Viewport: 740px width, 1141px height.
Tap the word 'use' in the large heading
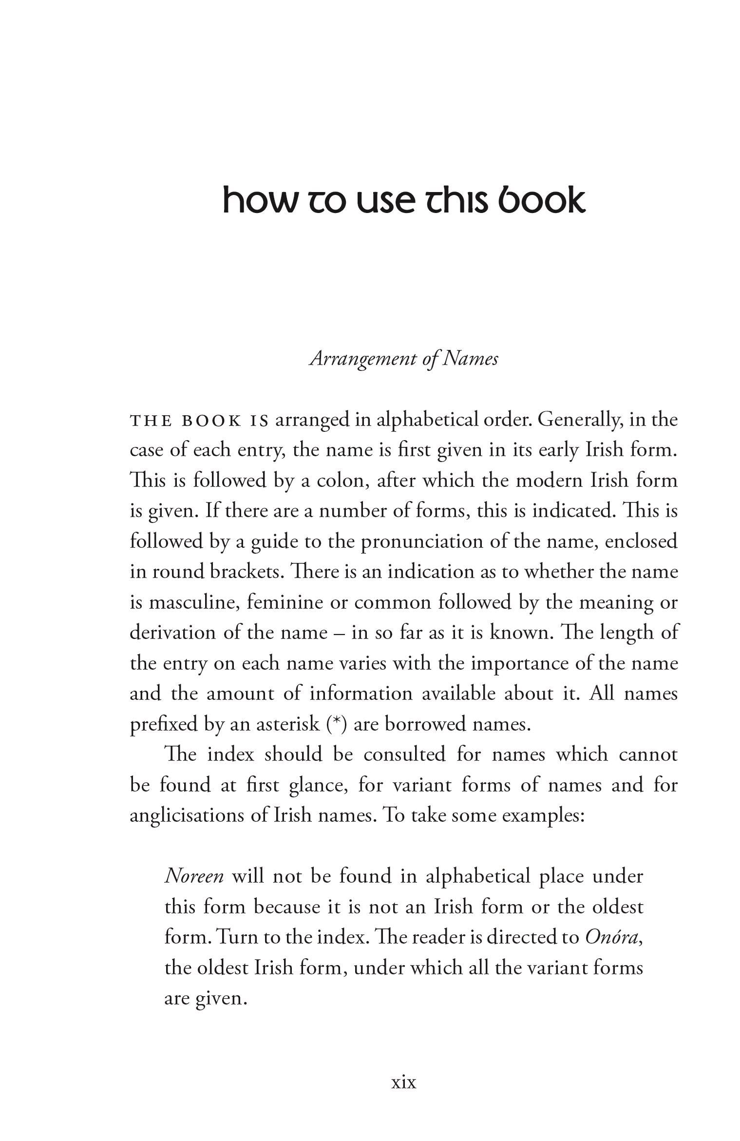pos(383,201)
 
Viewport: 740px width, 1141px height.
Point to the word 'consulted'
pos(404,755)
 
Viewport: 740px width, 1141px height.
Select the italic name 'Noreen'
pos(194,876)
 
